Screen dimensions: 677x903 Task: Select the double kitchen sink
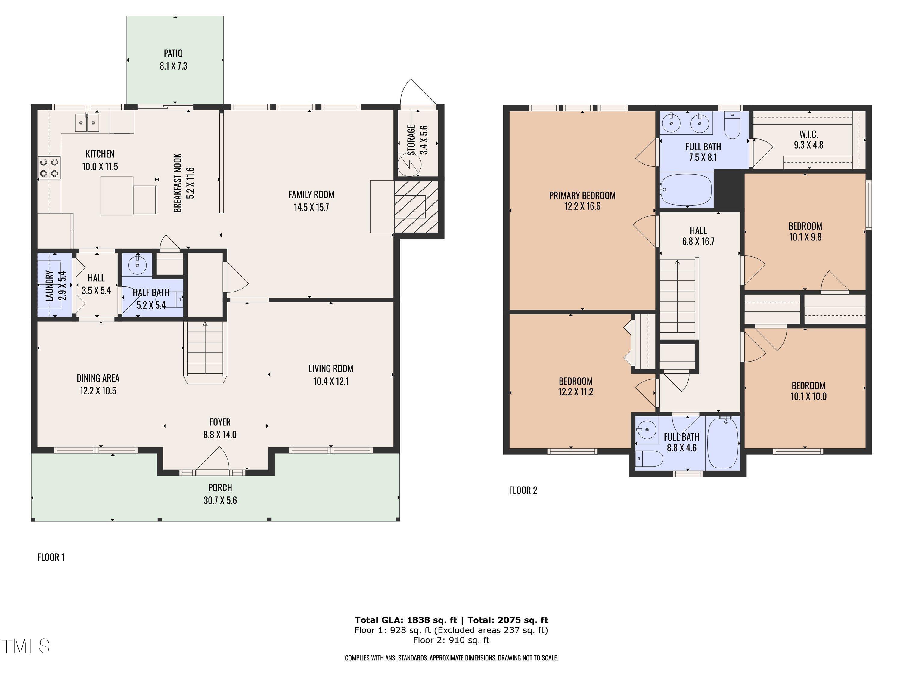(87, 122)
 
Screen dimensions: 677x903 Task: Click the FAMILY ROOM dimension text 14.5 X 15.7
(311, 207)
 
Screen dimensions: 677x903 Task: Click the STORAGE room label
(411, 140)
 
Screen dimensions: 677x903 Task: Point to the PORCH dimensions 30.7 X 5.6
(220, 501)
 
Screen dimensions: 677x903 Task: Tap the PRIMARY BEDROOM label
(582, 196)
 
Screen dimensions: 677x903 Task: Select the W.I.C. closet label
(808, 134)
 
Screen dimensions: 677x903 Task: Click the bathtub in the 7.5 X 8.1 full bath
(686, 190)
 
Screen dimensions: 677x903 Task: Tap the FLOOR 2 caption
(523, 490)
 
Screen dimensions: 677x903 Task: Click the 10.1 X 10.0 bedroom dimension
(808, 397)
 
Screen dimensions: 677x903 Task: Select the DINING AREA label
(98, 378)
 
